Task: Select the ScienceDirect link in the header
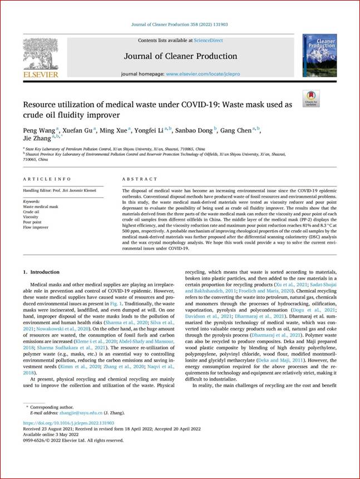point(209,41)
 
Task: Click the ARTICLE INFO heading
point(47,179)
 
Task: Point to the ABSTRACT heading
point(136,179)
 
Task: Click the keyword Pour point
point(32,221)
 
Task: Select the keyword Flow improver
point(35,227)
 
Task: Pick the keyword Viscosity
point(31,216)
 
